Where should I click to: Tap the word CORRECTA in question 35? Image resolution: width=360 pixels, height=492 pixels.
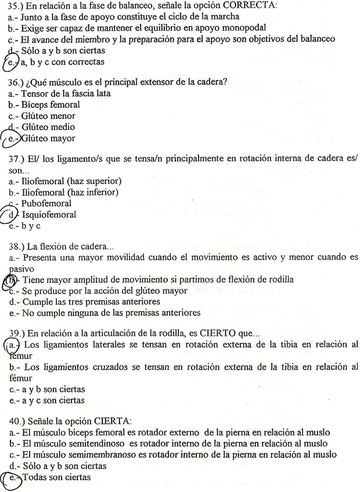click(x=250, y=5)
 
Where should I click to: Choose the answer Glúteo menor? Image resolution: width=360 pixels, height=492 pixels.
click(x=49, y=116)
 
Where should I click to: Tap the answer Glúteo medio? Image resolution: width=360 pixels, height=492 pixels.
click(x=49, y=127)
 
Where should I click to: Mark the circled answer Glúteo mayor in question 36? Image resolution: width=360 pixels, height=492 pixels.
click(x=49, y=139)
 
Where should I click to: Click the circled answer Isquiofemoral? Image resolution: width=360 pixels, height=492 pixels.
click(x=50, y=215)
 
